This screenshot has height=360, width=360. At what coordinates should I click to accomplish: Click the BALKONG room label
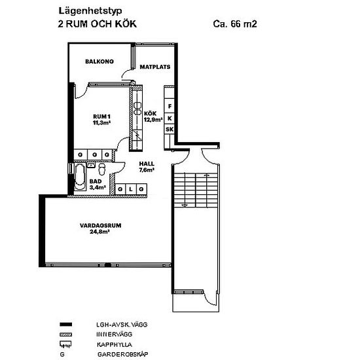click(99, 62)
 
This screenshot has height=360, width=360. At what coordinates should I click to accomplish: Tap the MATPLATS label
click(155, 67)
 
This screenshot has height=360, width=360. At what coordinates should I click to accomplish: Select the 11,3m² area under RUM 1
click(101, 122)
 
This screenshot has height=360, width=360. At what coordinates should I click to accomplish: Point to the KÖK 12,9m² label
click(153, 117)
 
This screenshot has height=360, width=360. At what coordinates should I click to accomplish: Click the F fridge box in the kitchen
click(170, 106)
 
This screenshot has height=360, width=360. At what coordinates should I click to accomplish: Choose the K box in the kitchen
click(170, 118)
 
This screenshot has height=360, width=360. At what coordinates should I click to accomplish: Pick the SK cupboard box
click(170, 129)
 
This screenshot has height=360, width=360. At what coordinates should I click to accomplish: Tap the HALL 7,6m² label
click(147, 167)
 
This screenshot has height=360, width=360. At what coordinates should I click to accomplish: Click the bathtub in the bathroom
click(80, 177)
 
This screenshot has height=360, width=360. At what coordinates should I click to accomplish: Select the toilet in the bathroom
click(101, 170)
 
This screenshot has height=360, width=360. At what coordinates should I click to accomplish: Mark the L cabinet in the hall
click(131, 189)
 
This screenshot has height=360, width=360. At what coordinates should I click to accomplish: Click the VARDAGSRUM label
click(101, 225)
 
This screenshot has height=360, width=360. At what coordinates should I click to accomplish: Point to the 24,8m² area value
click(99, 232)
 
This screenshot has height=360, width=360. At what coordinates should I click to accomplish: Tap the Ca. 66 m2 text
click(235, 24)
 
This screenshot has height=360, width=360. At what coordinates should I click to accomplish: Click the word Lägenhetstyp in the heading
click(90, 11)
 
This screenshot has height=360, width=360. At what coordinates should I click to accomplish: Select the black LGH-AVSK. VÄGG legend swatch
click(66, 325)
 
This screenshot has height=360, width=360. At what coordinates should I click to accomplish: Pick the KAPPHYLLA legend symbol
click(65, 344)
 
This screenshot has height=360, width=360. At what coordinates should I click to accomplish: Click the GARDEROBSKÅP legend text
click(123, 354)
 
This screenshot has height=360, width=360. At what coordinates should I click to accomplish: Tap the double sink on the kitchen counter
click(137, 109)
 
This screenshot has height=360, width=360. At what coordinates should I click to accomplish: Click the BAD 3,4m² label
click(98, 185)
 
